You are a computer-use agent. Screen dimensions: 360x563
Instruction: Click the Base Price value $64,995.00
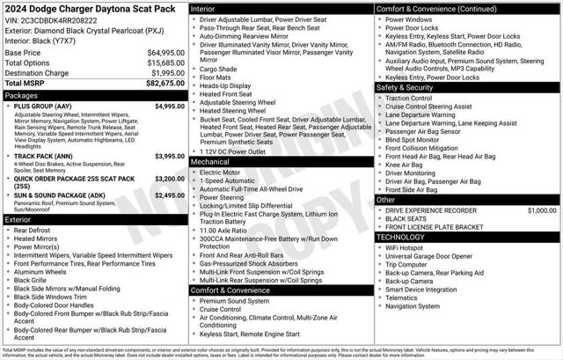point(161,53)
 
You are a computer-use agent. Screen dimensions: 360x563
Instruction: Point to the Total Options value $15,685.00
point(161,62)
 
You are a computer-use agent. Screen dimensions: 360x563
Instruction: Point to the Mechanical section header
point(210,162)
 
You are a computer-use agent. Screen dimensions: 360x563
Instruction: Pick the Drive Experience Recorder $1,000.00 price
point(542,211)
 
